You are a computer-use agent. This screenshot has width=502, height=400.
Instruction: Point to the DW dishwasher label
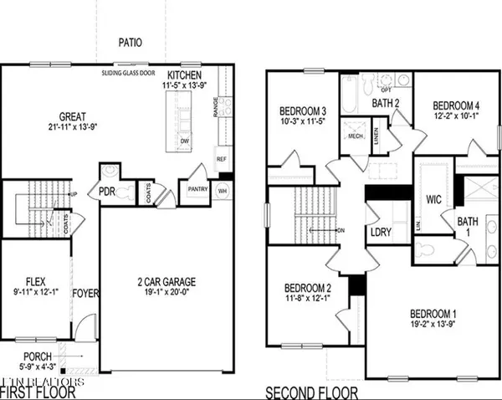184,141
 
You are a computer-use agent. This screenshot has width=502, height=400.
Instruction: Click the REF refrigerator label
222,158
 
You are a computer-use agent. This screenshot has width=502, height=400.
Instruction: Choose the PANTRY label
198,190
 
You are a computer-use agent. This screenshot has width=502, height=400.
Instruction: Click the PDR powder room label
107,191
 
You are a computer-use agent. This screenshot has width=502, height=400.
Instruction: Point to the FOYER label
85,294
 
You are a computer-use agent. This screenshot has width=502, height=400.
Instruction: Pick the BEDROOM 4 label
456,105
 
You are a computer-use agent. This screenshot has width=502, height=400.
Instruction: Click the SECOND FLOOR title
312,392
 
